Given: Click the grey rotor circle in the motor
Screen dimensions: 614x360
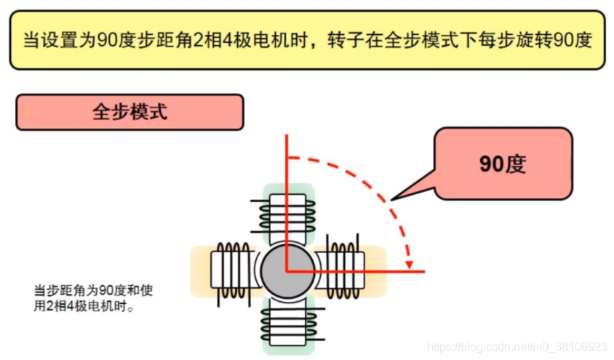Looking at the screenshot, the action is pyautogui.click(x=288, y=271).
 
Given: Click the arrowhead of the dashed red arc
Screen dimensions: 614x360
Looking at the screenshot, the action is pyautogui.click(x=409, y=265).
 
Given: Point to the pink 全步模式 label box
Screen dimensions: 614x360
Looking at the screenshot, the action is pyautogui.click(x=129, y=112).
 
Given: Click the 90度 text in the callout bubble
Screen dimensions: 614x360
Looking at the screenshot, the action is pyautogui.click(x=503, y=164).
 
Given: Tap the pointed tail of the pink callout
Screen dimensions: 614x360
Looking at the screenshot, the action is pyautogui.click(x=391, y=199).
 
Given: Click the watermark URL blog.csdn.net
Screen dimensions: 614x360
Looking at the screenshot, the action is pyautogui.click(x=517, y=346).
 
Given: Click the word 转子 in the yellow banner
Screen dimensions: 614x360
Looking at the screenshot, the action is pyautogui.click(x=346, y=39).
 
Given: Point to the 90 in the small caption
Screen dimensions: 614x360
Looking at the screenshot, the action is pyautogui.click(x=105, y=290).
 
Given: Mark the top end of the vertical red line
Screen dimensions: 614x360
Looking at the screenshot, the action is pyautogui.click(x=287, y=135).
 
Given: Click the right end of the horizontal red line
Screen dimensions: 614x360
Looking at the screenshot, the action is pyautogui.click(x=424, y=271).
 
